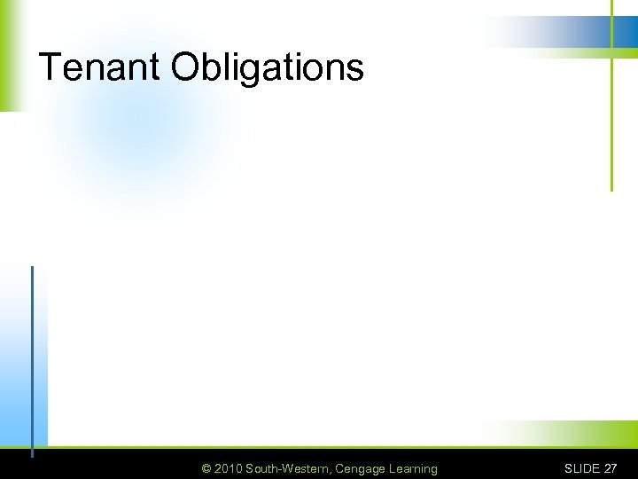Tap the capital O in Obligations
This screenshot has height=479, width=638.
pos(185,67)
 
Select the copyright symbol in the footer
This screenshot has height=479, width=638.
pos(206,468)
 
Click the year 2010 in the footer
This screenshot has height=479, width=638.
pos(228,468)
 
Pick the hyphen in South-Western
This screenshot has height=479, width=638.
pos(278,469)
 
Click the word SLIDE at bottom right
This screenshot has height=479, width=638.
pos(582,468)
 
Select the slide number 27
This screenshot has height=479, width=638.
pos(611,468)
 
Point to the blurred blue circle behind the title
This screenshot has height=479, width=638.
pos(142,133)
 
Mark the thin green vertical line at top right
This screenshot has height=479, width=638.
pos(611,124)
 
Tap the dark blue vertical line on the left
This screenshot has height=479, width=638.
pos(33,355)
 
